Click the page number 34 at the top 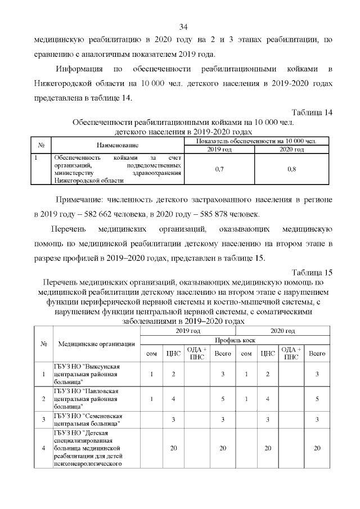pos(183,26)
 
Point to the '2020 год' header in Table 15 pos(283,331)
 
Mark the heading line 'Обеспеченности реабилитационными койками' pos(183,122)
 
